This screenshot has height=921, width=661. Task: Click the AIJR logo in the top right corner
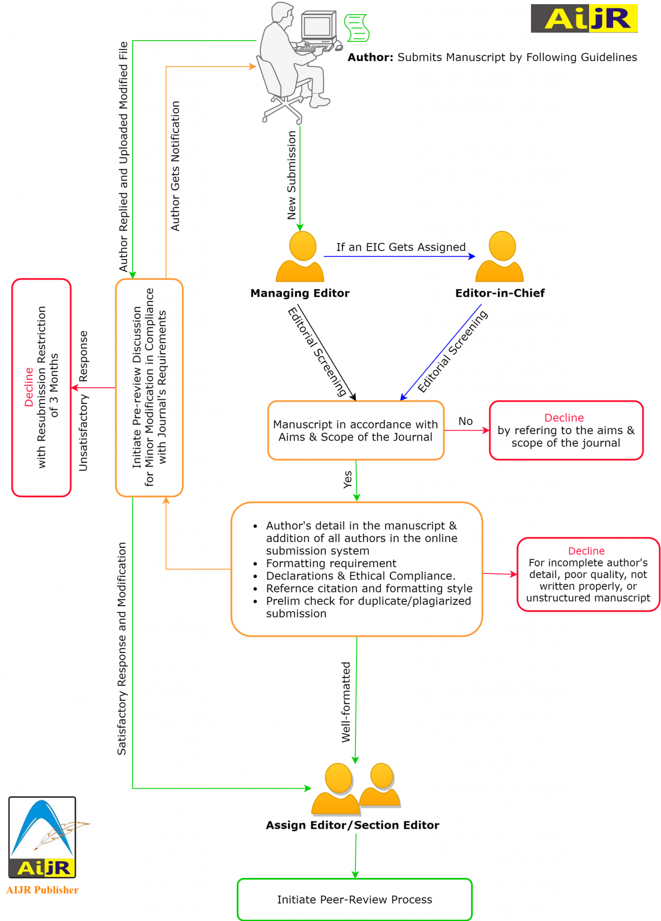click(584, 19)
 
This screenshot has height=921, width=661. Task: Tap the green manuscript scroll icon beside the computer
click(357, 28)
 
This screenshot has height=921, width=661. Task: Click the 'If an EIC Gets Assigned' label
click(401, 247)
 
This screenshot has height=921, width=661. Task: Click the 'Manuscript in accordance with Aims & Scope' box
click(356, 431)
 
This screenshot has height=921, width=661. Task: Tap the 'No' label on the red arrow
click(465, 421)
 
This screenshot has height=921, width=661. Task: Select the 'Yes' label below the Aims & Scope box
click(348, 479)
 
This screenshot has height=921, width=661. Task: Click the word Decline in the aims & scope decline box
click(564, 418)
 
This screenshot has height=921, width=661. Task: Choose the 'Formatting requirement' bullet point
click(331, 563)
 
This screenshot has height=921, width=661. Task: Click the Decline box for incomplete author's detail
click(588, 574)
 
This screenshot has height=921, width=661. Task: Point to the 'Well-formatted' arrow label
click(346, 702)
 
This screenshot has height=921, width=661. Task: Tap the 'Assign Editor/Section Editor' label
click(353, 825)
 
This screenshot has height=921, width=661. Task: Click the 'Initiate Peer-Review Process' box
click(354, 899)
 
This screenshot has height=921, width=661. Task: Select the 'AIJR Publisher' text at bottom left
click(43, 890)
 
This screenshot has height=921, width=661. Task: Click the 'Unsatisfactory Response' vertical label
click(83, 401)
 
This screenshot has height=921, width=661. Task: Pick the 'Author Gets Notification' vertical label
click(175, 166)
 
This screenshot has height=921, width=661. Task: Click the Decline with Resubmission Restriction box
click(41, 387)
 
